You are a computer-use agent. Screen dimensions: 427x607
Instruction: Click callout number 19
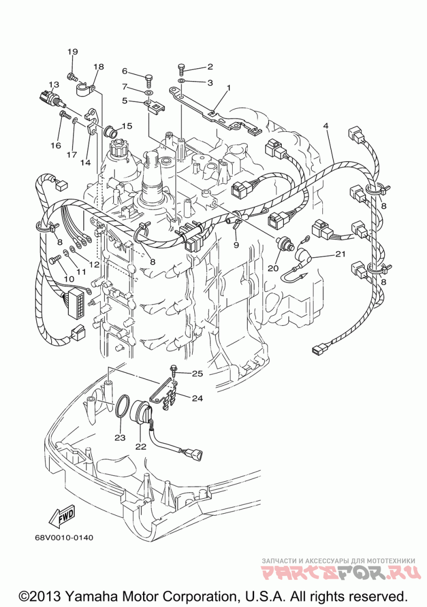click(73, 52)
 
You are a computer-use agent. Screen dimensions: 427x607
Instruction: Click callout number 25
click(197, 373)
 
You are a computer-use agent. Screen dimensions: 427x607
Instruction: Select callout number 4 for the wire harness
click(326, 126)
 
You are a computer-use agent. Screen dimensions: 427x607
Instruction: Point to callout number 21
click(340, 254)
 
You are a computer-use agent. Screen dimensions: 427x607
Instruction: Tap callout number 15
click(126, 126)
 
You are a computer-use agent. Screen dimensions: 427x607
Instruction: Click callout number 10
click(68, 279)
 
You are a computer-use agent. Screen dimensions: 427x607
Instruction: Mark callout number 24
click(197, 397)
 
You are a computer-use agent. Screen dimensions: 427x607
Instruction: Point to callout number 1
click(228, 88)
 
